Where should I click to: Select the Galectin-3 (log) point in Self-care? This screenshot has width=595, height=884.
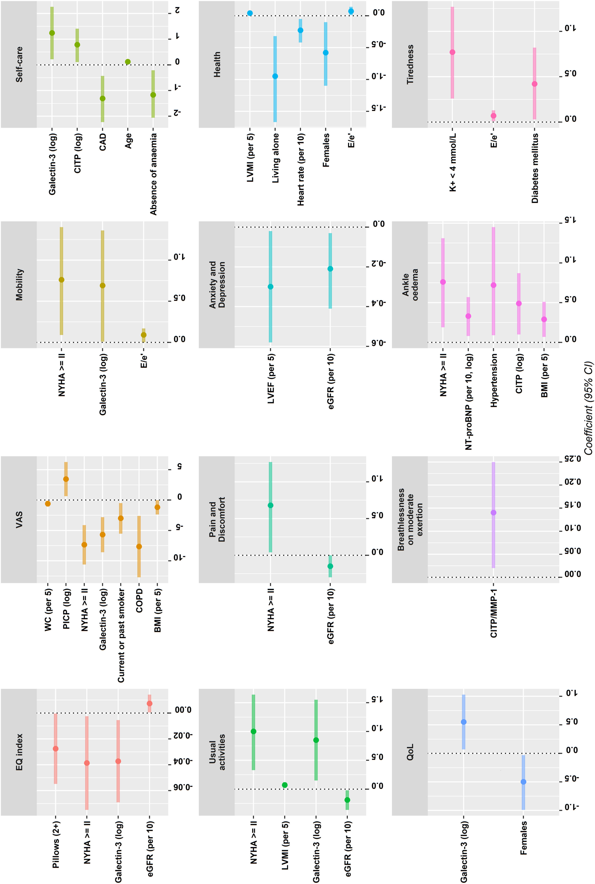coord(52,33)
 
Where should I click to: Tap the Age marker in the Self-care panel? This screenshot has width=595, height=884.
coord(128,62)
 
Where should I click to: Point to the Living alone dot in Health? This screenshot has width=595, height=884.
coord(275,76)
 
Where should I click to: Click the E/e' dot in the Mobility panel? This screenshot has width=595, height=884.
coord(143,335)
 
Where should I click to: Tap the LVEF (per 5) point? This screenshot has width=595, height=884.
coord(271,287)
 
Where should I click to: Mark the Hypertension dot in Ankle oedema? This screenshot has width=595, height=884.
coord(493,285)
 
